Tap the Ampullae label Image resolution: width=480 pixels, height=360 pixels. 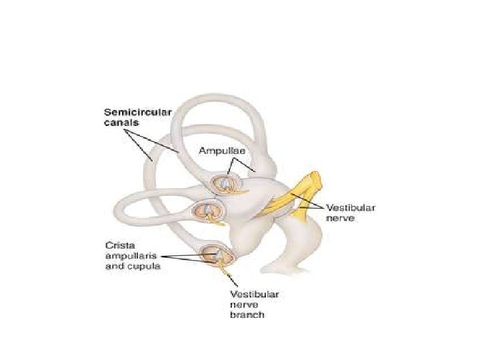222,151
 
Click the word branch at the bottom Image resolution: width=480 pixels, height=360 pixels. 247,315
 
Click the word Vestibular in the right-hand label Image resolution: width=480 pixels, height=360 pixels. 351,208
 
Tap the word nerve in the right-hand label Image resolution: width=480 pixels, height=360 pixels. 340,217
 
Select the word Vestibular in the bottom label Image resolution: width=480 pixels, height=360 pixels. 255,294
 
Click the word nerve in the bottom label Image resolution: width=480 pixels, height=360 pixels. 244,305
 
